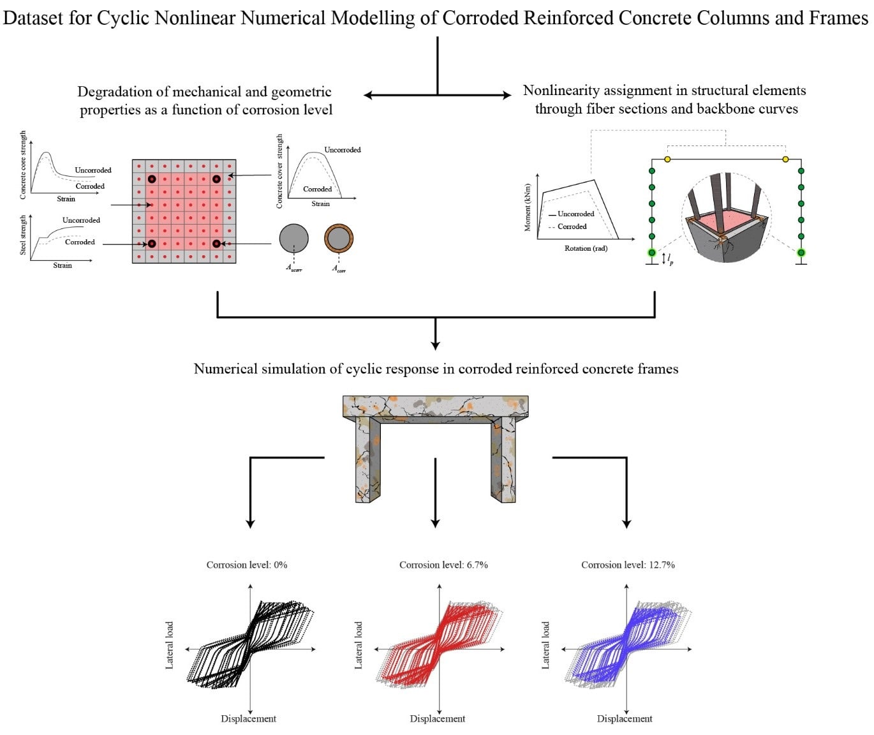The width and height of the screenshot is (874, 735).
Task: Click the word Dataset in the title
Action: (33, 18)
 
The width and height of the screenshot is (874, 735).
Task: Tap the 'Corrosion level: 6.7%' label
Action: (443, 565)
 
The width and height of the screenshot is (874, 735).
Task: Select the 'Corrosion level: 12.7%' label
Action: (628, 565)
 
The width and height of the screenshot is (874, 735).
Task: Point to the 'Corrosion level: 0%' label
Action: (246, 565)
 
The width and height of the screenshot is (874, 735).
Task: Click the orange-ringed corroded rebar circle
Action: (339, 238)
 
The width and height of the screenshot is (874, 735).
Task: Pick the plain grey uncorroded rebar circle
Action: (294, 238)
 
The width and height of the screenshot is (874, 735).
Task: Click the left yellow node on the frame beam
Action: (667, 159)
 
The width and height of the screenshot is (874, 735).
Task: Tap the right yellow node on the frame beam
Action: (785, 159)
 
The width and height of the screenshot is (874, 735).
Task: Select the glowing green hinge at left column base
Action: (652, 253)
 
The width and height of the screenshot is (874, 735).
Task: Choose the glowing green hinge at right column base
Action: (801, 253)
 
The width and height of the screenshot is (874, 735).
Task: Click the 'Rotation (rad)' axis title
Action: (586, 248)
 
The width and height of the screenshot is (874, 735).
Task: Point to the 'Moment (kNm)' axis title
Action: (528, 207)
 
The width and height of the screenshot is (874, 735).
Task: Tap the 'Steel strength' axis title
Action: (23, 235)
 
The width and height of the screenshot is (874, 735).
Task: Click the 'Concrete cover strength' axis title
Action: (279, 171)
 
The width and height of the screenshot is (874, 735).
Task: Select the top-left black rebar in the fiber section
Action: (152, 179)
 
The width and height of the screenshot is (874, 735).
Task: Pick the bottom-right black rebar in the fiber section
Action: (216, 244)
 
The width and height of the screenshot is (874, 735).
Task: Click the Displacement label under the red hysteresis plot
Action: (437, 718)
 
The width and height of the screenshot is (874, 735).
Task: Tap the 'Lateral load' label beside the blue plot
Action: (545, 645)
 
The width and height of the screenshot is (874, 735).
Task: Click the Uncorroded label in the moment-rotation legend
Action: (575, 214)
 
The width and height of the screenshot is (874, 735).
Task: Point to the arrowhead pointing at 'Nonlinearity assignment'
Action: (507, 95)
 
